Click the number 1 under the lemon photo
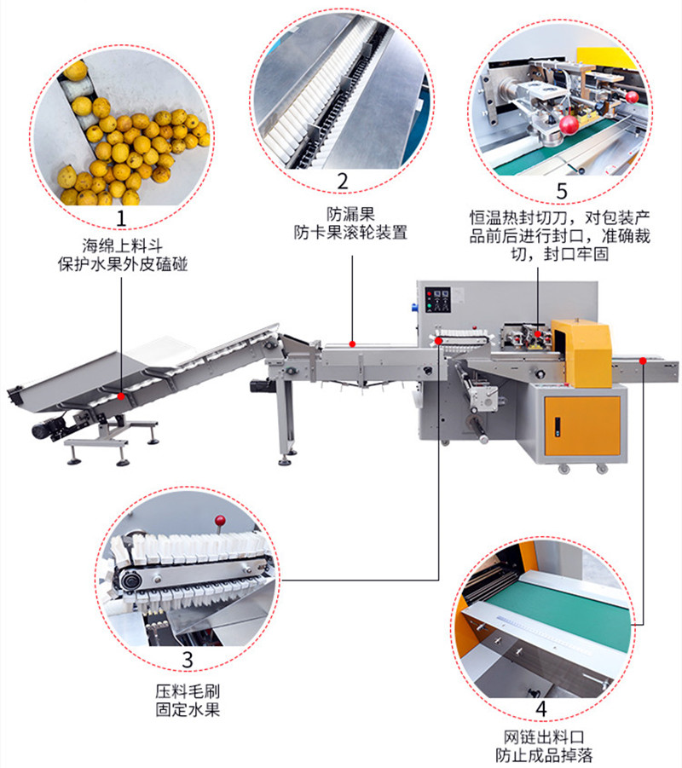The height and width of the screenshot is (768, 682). coord(121,218)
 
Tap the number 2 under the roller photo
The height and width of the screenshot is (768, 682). coord(343,182)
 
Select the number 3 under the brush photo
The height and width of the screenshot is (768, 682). coord(188,659)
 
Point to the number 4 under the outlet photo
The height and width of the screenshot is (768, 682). coord(541,708)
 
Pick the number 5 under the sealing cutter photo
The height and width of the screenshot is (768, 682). coord(562,191)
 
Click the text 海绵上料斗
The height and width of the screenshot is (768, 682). coord(122,245)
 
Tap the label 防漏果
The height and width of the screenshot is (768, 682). coord(350,214)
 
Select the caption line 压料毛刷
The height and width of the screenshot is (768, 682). coord(188,690)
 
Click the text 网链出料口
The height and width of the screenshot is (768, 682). coord(544,736)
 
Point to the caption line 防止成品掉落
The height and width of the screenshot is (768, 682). coord(544,754)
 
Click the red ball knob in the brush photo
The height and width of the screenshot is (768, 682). coord(220,520)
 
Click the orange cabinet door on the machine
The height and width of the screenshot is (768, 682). coord(582,426)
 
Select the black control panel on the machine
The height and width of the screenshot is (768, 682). coord(437,299)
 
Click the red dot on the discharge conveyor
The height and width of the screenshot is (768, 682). coord(643,361)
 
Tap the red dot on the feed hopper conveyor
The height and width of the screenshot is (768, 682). coord(122,396)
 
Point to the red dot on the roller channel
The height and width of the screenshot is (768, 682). coord(352,344)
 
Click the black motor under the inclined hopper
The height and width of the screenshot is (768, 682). coord(49,428)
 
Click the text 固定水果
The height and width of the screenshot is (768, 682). coord(188,709)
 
